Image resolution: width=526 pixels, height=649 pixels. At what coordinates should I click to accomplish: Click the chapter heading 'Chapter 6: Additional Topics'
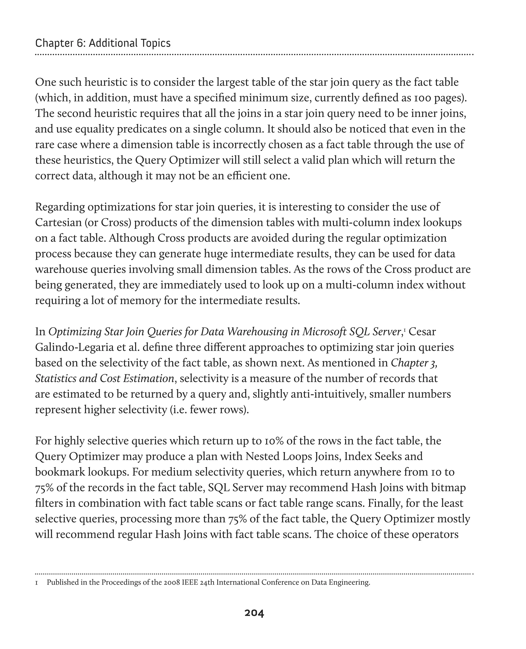point(103,43)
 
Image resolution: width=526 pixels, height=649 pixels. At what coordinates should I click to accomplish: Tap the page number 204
point(254,613)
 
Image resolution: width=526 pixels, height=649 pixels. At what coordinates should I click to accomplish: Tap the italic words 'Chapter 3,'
point(414,363)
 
